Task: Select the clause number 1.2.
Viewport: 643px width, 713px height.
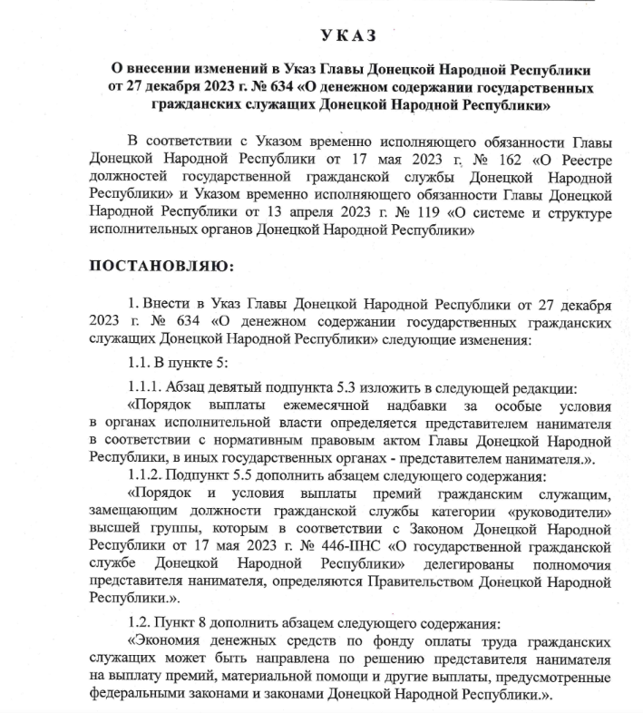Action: coord(141,628)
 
